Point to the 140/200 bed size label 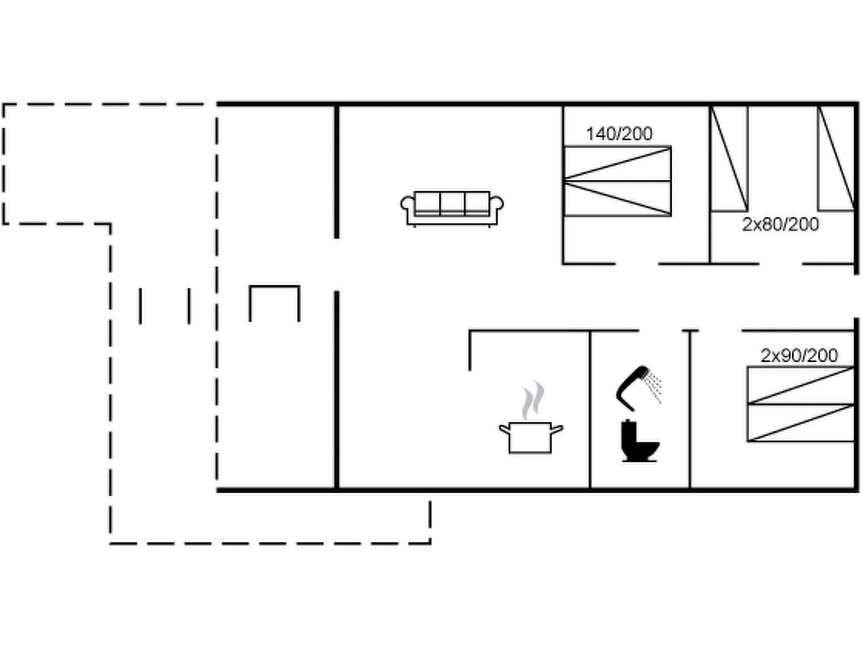click(x=619, y=134)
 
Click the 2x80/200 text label click(x=780, y=225)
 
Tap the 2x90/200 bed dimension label click(x=799, y=356)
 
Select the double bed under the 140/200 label click(x=617, y=182)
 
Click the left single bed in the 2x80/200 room click(x=729, y=158)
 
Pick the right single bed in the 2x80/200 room click(x=836, y=158)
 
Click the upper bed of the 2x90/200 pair click(x=801, y=385)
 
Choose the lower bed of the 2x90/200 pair click(x=801, y=423)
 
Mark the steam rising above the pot click(x=533, y=400)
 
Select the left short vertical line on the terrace click(x=140, y=306)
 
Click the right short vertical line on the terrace click(x=189, y=306)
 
